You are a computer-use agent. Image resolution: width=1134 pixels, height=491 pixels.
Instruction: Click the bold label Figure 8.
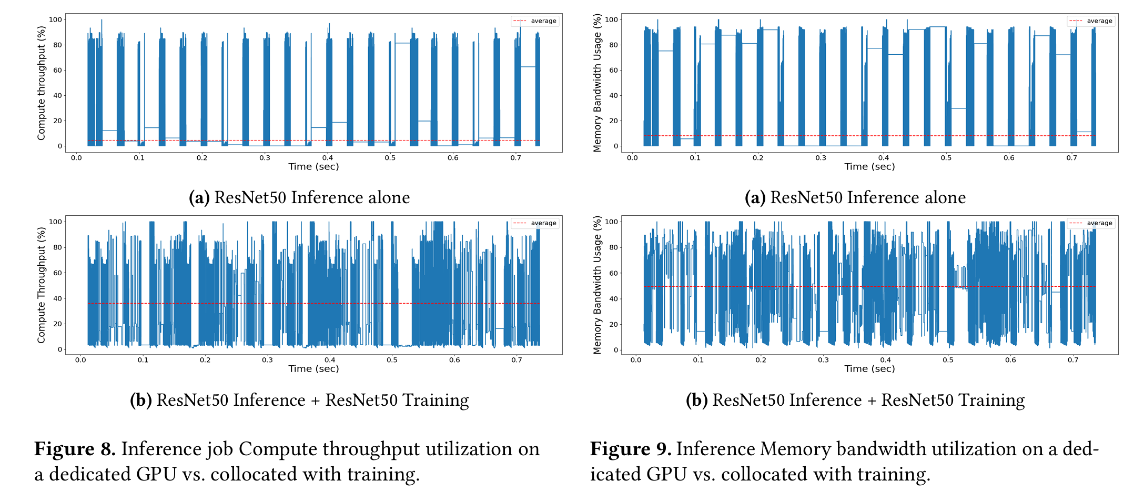[75, 449]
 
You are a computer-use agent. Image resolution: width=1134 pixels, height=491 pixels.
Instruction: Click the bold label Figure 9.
[630, 449]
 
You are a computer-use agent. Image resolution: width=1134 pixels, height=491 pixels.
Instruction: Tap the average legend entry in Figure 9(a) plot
[1091, 21]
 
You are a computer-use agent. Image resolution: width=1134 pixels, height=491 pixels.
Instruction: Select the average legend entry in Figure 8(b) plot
[534, 223]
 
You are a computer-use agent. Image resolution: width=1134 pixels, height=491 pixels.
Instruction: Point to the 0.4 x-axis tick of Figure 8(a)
[328, 157]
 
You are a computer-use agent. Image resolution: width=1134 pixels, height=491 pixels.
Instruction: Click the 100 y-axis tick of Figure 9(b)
[612, 222]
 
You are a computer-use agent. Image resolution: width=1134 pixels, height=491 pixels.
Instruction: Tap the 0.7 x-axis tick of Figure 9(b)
[1073, 360]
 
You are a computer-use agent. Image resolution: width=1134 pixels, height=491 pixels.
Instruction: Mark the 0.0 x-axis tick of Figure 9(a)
[632, 157]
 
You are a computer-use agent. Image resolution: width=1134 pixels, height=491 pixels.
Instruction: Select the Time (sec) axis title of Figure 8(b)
[313, 369]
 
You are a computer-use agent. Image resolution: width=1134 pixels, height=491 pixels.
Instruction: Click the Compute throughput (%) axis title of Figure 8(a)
[41, 83]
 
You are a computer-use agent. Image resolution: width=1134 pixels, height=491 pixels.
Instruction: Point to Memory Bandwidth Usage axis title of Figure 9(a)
[597, 83]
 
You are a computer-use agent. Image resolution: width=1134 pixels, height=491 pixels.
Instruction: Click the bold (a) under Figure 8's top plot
[199, 197]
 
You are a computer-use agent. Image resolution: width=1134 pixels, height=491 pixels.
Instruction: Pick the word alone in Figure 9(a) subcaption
[945, 197]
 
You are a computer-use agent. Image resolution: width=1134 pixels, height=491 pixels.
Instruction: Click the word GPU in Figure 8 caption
[156, 474]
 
